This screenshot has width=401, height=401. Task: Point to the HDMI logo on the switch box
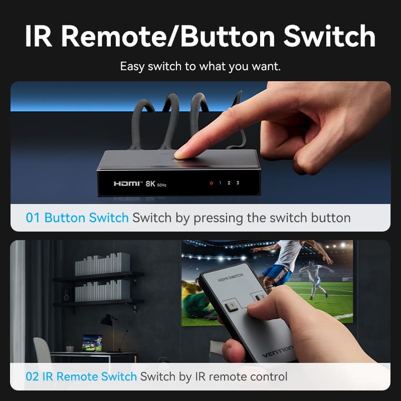(x=128, y=184)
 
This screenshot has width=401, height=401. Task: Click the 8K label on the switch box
(x=150, y=184)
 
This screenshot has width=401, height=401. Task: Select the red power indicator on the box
(x=211, y=183)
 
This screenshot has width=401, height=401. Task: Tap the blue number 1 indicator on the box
(x=220, y=183)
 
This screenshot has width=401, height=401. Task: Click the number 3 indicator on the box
(x=238, y=183)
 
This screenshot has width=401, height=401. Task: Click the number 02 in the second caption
(x=33, y=376)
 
